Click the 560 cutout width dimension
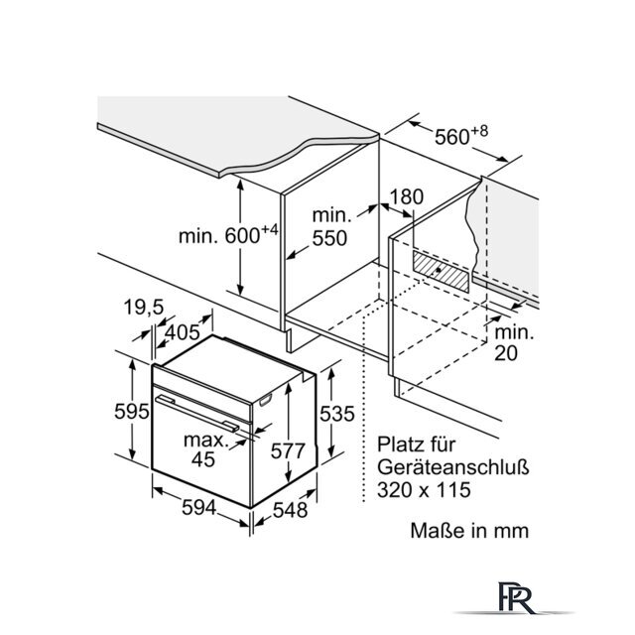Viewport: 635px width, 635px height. [x=461, y=136]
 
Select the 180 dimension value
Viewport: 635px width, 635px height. [x=406, y=196]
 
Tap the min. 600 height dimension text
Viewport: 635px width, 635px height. [x=229, y=234]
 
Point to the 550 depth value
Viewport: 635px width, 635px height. [x=329, y=238]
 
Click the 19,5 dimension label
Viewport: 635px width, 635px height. [x=144, y=307]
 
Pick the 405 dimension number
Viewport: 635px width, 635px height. [x=183, y=332]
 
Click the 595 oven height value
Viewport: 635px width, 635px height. [x=132, y=412]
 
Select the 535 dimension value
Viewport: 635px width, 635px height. [x=337, y=414]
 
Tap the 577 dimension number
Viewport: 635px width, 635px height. [x=288, y=450]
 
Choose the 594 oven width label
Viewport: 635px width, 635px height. [x=198, y=507]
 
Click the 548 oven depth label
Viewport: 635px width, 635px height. [x=291, y=510]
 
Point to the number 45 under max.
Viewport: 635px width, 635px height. [x=203, y=458]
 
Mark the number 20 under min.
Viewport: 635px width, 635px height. [x=506, y=353]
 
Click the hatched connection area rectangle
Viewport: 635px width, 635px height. [x=441, y=271]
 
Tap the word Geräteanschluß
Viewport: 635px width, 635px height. [x=453, y=467]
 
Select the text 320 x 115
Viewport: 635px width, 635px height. [x=424, y=489]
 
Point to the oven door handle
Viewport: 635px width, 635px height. [x=196, y=413]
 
